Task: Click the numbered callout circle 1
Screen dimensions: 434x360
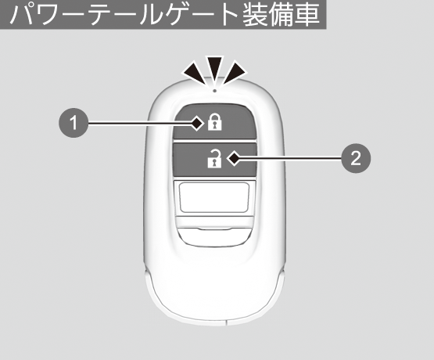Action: coord(74,123)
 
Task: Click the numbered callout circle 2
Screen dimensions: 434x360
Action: coord(356,158)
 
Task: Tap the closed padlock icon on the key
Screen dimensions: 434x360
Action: coord(215,121)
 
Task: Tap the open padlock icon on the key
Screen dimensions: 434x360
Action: coord(215,158)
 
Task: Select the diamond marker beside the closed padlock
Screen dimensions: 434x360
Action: coord(197,124)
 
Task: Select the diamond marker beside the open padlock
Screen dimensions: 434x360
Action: coord(234,158)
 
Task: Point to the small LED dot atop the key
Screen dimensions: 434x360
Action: coord(215,90)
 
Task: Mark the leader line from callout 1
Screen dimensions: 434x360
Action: coord(139,124)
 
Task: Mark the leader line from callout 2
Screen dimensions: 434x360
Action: coord(291,158)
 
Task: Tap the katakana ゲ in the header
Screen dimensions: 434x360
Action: coord(178,14)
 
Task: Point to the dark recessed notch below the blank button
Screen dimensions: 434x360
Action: coord(214,236)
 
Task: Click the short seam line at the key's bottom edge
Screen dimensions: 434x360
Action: coord(227,322)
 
